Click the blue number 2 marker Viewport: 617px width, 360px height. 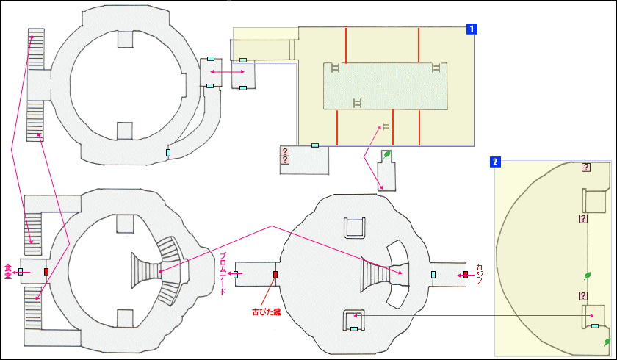click(x=496, y=162)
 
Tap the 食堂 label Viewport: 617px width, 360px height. click(x=8, y=270)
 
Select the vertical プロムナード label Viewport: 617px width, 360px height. click(x=223, y=273)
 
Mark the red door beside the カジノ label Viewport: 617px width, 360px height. click(x=466, y=275)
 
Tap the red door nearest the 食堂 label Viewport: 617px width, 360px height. click(x=46, y=272)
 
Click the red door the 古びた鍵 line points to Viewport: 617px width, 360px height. click(x=275, y=275)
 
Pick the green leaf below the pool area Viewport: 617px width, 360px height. click(x=387, y=155)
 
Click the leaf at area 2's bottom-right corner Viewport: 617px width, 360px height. click(x=607, y=342)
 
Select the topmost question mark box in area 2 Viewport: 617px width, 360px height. click(x=586, y=168)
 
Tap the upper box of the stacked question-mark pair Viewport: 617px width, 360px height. click(x=285, y=151)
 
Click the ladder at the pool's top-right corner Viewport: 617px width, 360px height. click(x=436, y=68)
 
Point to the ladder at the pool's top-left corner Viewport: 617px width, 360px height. click(x=335, y=68)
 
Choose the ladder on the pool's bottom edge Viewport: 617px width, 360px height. click(x=358, y=102)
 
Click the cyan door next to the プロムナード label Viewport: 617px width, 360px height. click(x=236, y=275)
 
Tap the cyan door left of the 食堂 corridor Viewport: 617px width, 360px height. click(x=21, y=272)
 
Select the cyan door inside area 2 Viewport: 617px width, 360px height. click(x=594, y=325)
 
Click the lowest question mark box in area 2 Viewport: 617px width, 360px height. click(x=583, y=296)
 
